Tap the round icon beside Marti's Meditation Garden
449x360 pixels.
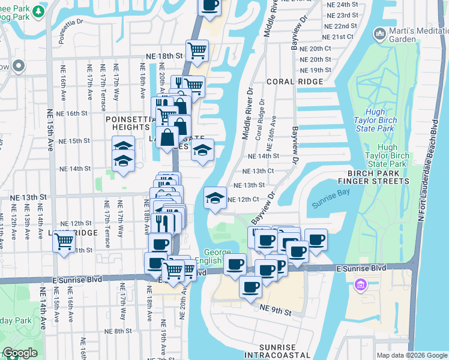coord(379,34)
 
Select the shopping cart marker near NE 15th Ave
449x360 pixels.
coord(64,242)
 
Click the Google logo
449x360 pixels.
coord(20,353)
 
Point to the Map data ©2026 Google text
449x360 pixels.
coord(411,355)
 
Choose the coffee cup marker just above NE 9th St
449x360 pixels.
coord(250,286)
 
